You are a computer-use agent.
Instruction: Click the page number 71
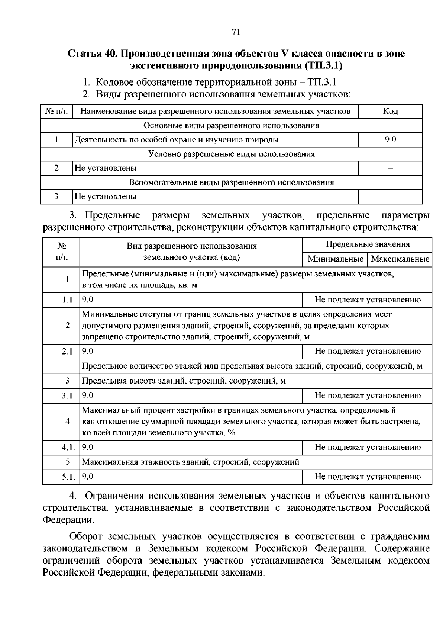pyautogui.click(x=236, y=32)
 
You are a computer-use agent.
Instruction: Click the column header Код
pyautogui.click(x=390, y=111)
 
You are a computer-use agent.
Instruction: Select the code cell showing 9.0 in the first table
pyautogui.click(x=390, y=140)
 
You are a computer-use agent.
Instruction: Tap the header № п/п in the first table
pyautogui.click(x=56, y=111)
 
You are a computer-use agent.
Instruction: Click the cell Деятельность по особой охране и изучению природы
pyautogui.click(x=177, y=140)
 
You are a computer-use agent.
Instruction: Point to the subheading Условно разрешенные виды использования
pyautogui.click(x=231, y=154)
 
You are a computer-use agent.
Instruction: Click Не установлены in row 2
pyautogui.click(x=106, y=168)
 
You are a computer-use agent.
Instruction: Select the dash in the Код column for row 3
pyautogui.click(x=390, y=197)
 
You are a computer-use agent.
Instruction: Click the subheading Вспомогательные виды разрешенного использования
pyautogui.click(x=231, y=182)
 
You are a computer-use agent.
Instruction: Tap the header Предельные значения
pyautogui.click(x=367, y=244)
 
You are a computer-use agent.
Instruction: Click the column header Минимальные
pyautogui.click(x=335, y=259)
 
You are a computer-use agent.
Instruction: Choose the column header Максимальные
pyautogui.click(x=400, y=259)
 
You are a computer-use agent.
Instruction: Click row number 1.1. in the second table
pyautogui.click(x=68, y=300)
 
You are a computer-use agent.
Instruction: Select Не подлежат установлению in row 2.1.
pyautogui.click(x=367, y=351)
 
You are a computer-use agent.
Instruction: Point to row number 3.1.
pyautogui.click(x=68, y=396)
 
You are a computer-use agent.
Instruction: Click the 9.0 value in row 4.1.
pyautogui.click(x=88, y=447)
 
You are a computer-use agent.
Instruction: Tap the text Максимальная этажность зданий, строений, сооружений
pyautogui.click(x=190, y=462)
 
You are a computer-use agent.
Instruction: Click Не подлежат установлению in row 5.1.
pyautogui.click(x=367, y=477)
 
